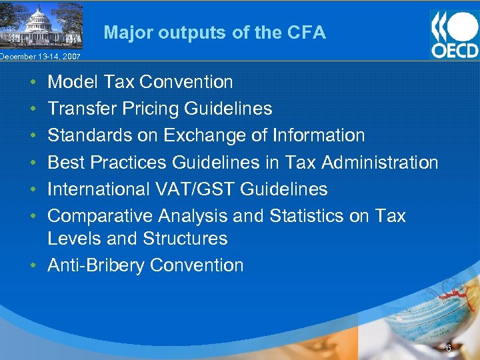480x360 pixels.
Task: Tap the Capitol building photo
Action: pos(41,25)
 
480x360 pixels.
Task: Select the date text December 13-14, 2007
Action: pos(40,57)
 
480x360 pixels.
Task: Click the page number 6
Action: pos(449,348)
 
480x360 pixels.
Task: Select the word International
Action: pos(99,189)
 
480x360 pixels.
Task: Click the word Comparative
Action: pos(100,216)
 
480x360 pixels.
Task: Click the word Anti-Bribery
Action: pos(96,265)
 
